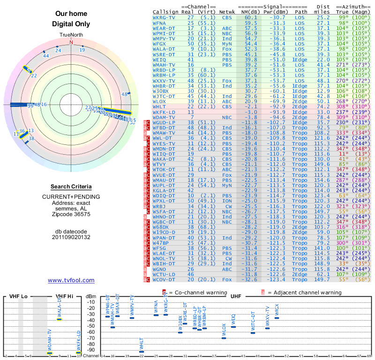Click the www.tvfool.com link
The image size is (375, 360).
click(x=71, y=280)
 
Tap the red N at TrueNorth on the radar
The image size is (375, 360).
click(x=71, y=42)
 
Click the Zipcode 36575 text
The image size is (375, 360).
click(x=71, y=214)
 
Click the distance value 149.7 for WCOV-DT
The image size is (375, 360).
click(x=322, y=280)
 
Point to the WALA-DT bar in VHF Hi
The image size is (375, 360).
click(x=60, y=319)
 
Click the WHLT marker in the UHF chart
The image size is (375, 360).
click(x=142, y=351)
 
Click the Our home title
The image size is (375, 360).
click(x=71, y=14)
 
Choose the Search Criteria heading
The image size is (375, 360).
click(x=71, y=187)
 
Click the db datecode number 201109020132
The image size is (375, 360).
click(x=71, y=237)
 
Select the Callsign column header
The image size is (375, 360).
click(x=166, y=11)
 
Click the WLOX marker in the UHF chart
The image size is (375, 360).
click(x=224, y=337)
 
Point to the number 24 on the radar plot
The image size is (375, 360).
click(x=58, y=50)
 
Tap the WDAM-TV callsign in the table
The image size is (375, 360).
click(x=164, y=117)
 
